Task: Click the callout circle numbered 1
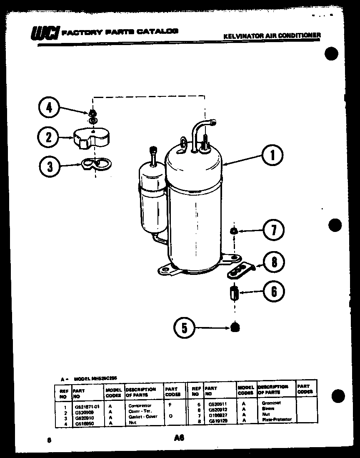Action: click(x=272, y=156)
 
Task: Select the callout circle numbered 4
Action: click(x=49, y=108)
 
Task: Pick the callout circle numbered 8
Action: click(x=274, y=262)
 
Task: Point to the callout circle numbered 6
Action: click(x=274, y=291)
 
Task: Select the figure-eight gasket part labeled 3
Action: click(x=96, y=164)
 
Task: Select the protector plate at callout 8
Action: click(x=240, y=270)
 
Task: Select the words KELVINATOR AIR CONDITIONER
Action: click(x=272, y=36)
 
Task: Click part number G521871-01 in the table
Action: click(x=87, y=406)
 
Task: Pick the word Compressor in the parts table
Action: click(x=140, y=405)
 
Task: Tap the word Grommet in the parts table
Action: click(x=271, y=403)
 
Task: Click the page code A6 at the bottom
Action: click(x=180, y=438)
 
